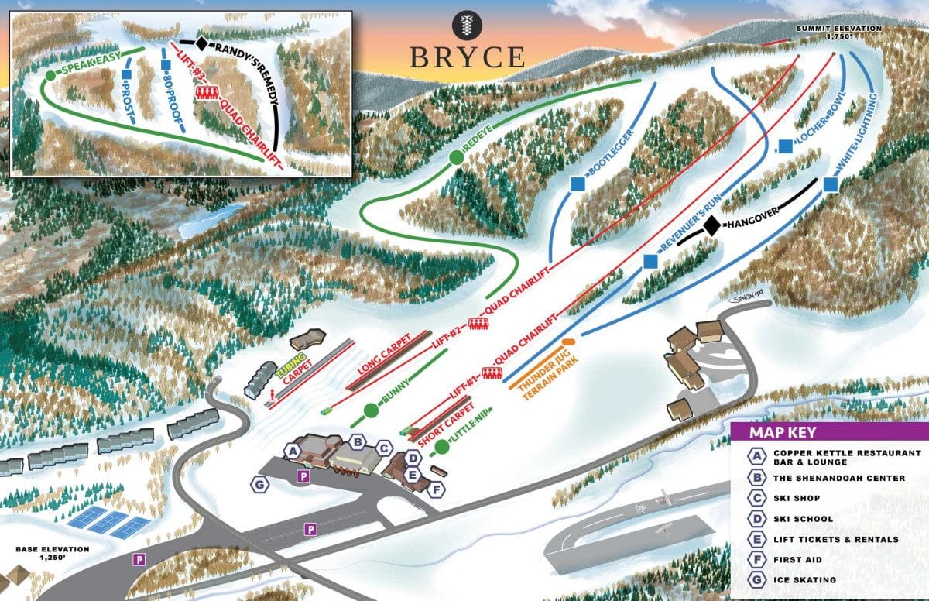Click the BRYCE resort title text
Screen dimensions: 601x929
[466, 57]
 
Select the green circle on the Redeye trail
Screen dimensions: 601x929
[457, 158]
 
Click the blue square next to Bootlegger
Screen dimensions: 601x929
[578, 184]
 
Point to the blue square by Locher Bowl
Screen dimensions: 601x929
[786, 145]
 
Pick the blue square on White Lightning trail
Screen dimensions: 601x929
[831, 184]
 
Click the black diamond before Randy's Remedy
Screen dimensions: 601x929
[202, 44]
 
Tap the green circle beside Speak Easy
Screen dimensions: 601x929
[51, 75]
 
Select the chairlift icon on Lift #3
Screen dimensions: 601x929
[207, 93]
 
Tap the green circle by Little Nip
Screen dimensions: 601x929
[441, 447]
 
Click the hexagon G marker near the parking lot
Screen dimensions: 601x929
[260, 485]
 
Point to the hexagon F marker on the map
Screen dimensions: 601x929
[437, 489]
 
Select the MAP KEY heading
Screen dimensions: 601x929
[782, 433]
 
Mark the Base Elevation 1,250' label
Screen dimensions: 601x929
[53, 555]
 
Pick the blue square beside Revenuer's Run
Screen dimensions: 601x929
[651, 263]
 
